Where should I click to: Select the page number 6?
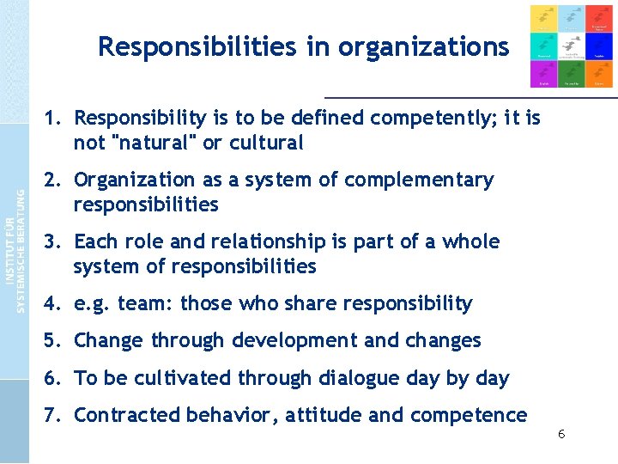(x=561, y=435)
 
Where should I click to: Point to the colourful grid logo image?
(x=571, y=46)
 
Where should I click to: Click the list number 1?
(x=51, y=118)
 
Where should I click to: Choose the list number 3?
(x=51, y=241)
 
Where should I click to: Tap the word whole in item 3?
(x=470, y=241)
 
